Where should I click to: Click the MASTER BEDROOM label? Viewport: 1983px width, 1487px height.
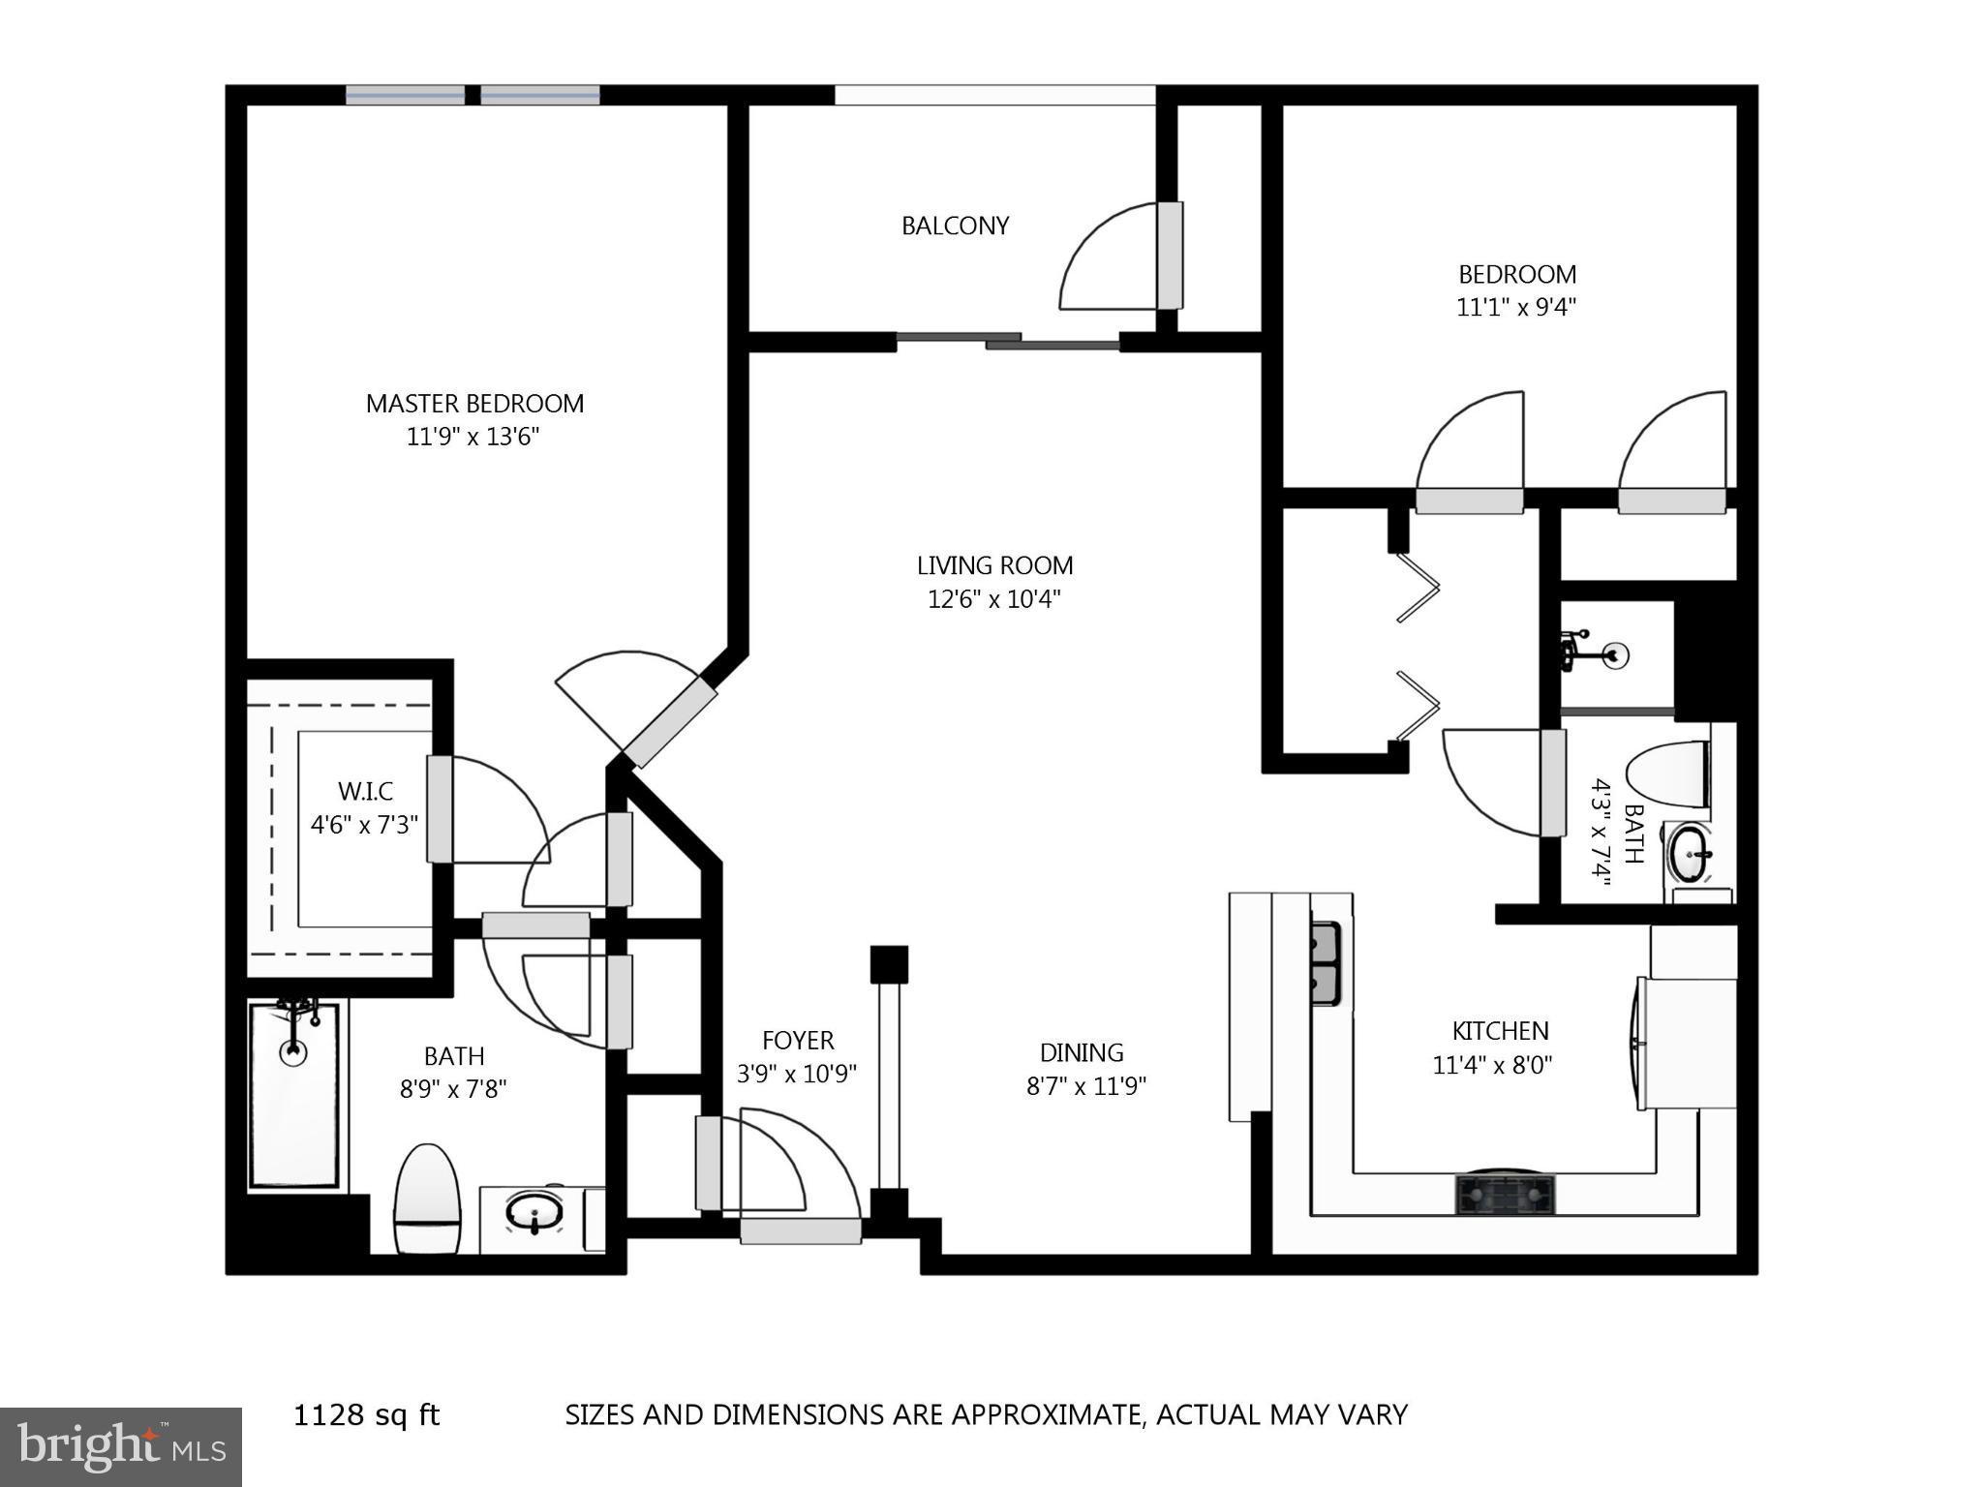(474, 404)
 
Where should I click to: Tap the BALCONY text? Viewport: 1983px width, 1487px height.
(955, 226)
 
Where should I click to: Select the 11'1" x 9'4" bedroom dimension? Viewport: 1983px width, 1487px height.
(1516, 308)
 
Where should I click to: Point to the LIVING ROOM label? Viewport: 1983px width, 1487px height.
(994, 565)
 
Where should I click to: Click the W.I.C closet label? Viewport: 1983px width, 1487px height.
(365, 792)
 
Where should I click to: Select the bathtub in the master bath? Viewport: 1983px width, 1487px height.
(293, 1094)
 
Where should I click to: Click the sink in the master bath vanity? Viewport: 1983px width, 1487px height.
(534, 1211)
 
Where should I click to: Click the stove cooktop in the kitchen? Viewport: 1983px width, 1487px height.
(1505, 1195)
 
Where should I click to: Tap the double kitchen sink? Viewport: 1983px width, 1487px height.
(1325, 962)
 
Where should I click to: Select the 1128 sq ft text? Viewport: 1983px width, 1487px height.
(366, 1415)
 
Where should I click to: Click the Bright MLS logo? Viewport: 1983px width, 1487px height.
(120, 1447)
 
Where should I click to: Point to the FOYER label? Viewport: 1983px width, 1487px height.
(798, 1041)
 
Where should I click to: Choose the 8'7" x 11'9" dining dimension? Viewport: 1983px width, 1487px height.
(1085, 1086)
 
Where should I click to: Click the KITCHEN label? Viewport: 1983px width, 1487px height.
(1500, 1031)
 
